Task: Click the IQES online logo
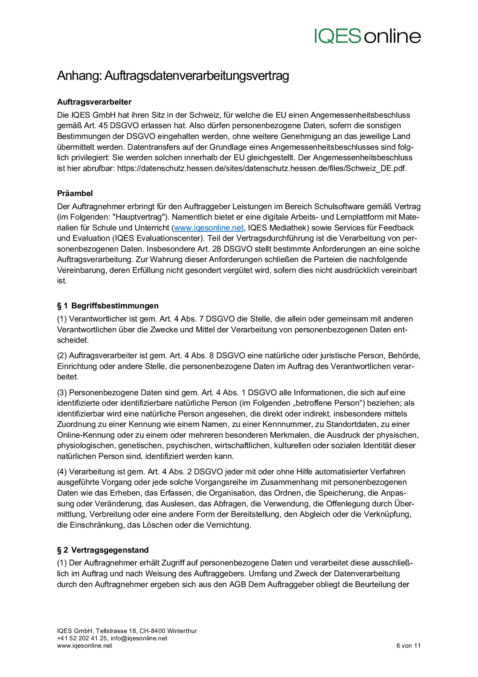367,36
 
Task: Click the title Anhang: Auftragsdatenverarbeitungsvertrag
173,76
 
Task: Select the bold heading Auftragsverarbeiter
94,102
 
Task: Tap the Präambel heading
75,193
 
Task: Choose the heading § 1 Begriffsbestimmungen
108,306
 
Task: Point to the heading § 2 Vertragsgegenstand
103,550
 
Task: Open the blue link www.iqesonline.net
209,228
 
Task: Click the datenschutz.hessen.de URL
261,168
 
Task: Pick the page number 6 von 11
408,645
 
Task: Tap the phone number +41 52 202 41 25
82,638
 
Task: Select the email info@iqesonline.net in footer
139,638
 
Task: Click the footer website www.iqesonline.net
84,645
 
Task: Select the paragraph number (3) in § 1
62,393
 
